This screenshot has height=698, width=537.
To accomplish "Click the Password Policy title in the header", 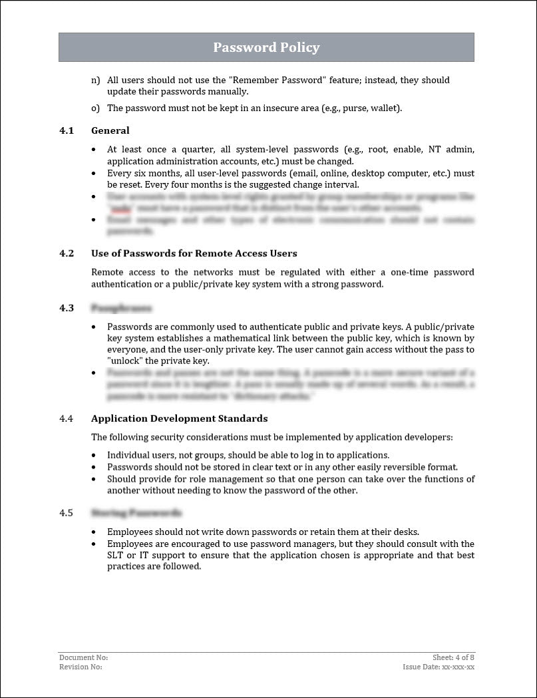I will (266, 48).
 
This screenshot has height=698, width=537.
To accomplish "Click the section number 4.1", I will (66, 130).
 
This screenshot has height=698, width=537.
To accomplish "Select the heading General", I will (110, 130).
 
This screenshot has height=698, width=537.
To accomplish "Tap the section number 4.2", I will (66, 254).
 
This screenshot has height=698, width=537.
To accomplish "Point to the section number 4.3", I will (66, 308).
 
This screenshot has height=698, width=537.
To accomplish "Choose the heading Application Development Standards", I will (179, 419).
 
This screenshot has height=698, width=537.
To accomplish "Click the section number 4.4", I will (66, 419).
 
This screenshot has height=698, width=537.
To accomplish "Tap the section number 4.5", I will (66, 513).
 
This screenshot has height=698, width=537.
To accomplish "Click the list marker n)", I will (95, 80).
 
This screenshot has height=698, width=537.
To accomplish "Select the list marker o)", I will (95, 108).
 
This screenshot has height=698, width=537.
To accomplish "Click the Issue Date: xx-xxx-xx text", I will (439, 667).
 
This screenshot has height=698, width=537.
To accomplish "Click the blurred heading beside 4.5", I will (136, 513).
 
